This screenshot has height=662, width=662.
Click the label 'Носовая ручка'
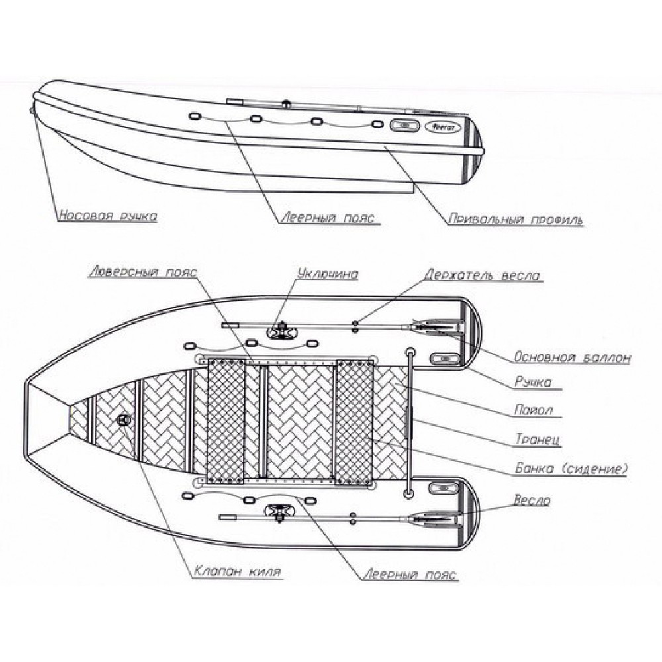click(107, 216)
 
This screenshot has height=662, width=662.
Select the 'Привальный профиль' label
click(515, 218)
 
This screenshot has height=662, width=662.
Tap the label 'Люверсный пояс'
click(142, 272)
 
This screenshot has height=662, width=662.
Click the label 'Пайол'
click(533, 410)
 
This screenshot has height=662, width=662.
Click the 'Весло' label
click(532, 500)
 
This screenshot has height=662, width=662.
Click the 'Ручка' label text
click(532, 382)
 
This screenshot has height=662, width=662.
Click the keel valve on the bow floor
click(124, 419)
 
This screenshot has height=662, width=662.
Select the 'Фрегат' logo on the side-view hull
click(439, 127)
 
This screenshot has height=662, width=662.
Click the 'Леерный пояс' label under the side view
click(329, 218)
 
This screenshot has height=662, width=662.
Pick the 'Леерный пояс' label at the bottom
click(409, 575)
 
